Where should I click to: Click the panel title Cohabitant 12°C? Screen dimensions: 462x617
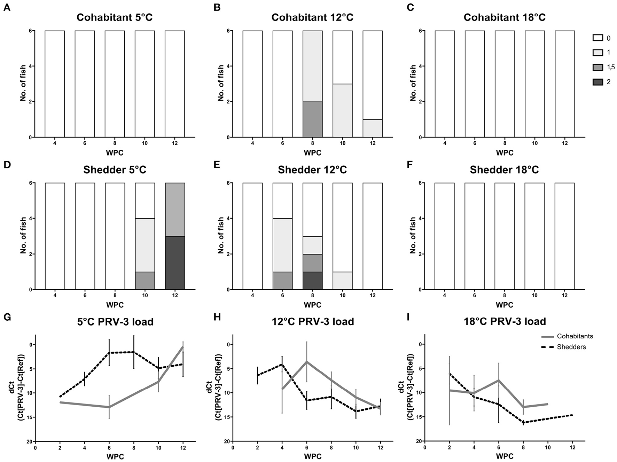tap(312, 17)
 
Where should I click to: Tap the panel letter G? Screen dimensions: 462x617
tap(7, 318)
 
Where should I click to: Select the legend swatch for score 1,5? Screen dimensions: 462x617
tap(598, 68)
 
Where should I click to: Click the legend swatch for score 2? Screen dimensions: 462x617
tap(598, 82)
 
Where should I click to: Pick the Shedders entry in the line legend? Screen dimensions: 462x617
tap(571, 347)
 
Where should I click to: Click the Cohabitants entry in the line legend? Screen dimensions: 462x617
tap(575, 336)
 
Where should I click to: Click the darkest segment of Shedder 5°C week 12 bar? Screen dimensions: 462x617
tap(175, 263)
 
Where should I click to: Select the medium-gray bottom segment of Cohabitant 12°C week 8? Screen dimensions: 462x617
tap(312, 119)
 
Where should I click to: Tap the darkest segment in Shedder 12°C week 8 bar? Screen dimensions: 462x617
tap(312, 281)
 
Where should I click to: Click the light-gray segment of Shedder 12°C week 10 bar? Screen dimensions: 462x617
tap(342, 281)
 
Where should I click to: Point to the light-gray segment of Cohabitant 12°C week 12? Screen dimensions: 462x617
tap(373, 128)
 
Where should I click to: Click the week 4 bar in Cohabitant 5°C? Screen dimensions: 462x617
tap(55, 84)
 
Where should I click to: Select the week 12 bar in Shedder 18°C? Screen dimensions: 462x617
tap(564, 236)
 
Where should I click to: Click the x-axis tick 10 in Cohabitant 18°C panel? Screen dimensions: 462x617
tap(534, 143)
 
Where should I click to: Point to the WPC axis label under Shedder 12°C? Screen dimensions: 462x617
tap(312, 305)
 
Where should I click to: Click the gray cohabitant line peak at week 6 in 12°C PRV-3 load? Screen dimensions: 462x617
tap(307, 361)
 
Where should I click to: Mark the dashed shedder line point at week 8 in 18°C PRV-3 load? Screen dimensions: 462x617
tap(523, 423)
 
